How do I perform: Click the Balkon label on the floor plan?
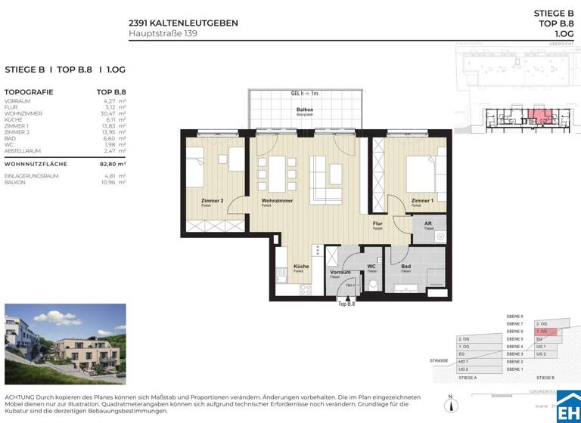305,110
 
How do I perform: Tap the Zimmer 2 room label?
191,201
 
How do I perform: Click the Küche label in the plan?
300,267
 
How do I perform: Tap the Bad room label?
406,267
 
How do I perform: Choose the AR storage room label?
427,224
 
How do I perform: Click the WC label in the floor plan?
371,267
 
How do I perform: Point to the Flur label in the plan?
377,224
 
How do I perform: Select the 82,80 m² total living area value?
111,163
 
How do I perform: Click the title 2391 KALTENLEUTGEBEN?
183,23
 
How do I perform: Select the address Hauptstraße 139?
163,33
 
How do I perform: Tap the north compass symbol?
450,406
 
